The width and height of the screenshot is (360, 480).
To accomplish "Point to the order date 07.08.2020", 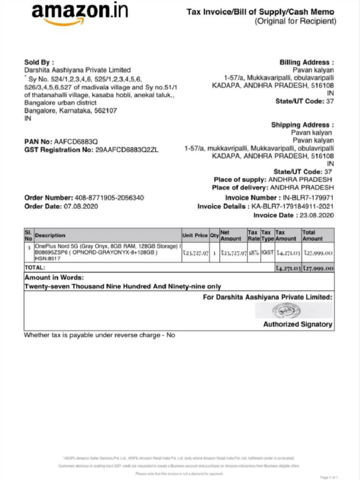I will (81, 206).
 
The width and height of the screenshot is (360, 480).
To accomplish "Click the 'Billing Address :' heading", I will (307, 62).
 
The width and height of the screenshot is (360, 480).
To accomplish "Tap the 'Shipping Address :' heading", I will (302, 125).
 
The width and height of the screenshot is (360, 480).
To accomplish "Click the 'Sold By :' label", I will (39, 62).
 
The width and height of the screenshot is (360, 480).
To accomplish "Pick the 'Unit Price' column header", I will (195, 235).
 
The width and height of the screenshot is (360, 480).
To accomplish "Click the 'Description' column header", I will (50, 235).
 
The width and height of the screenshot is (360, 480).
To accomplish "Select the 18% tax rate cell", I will (253, 253).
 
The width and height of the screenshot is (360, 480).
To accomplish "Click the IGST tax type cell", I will (267, 253).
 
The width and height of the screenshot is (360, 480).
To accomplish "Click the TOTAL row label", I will (35, 267).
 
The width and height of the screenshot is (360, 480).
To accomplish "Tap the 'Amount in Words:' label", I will (54, 277).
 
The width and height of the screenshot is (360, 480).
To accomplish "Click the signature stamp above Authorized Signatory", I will (293, 310).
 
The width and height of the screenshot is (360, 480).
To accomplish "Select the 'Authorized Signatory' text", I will (298, 324).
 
